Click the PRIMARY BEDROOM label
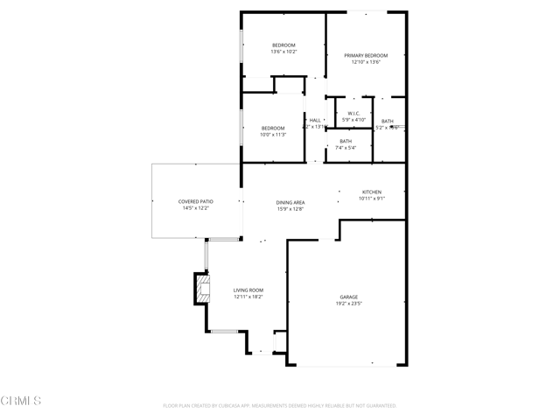[x=365, y=55]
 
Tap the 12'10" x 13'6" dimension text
[x=365, y=62]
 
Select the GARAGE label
[x=348, y=297]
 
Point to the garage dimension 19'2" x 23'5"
[x=348, y=304]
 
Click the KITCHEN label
[x=372, y=192]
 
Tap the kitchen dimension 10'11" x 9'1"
[x=372, y=199]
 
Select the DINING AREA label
[x=290, y=202]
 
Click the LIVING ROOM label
[x=248, y=290]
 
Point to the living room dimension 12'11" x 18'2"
[x=248, y=297]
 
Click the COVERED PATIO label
[x=196, y=201]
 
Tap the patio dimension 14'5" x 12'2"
[x=196, y=208]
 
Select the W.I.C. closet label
[x=353, y=113]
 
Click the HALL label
[x=315, y=120]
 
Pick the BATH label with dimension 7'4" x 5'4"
[x=346, y=141]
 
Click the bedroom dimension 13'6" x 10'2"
[x=283, y=52]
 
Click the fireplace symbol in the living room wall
[x=204, y=290]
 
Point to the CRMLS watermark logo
[x=21, y=401]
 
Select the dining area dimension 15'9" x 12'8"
[x=290, y=209]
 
